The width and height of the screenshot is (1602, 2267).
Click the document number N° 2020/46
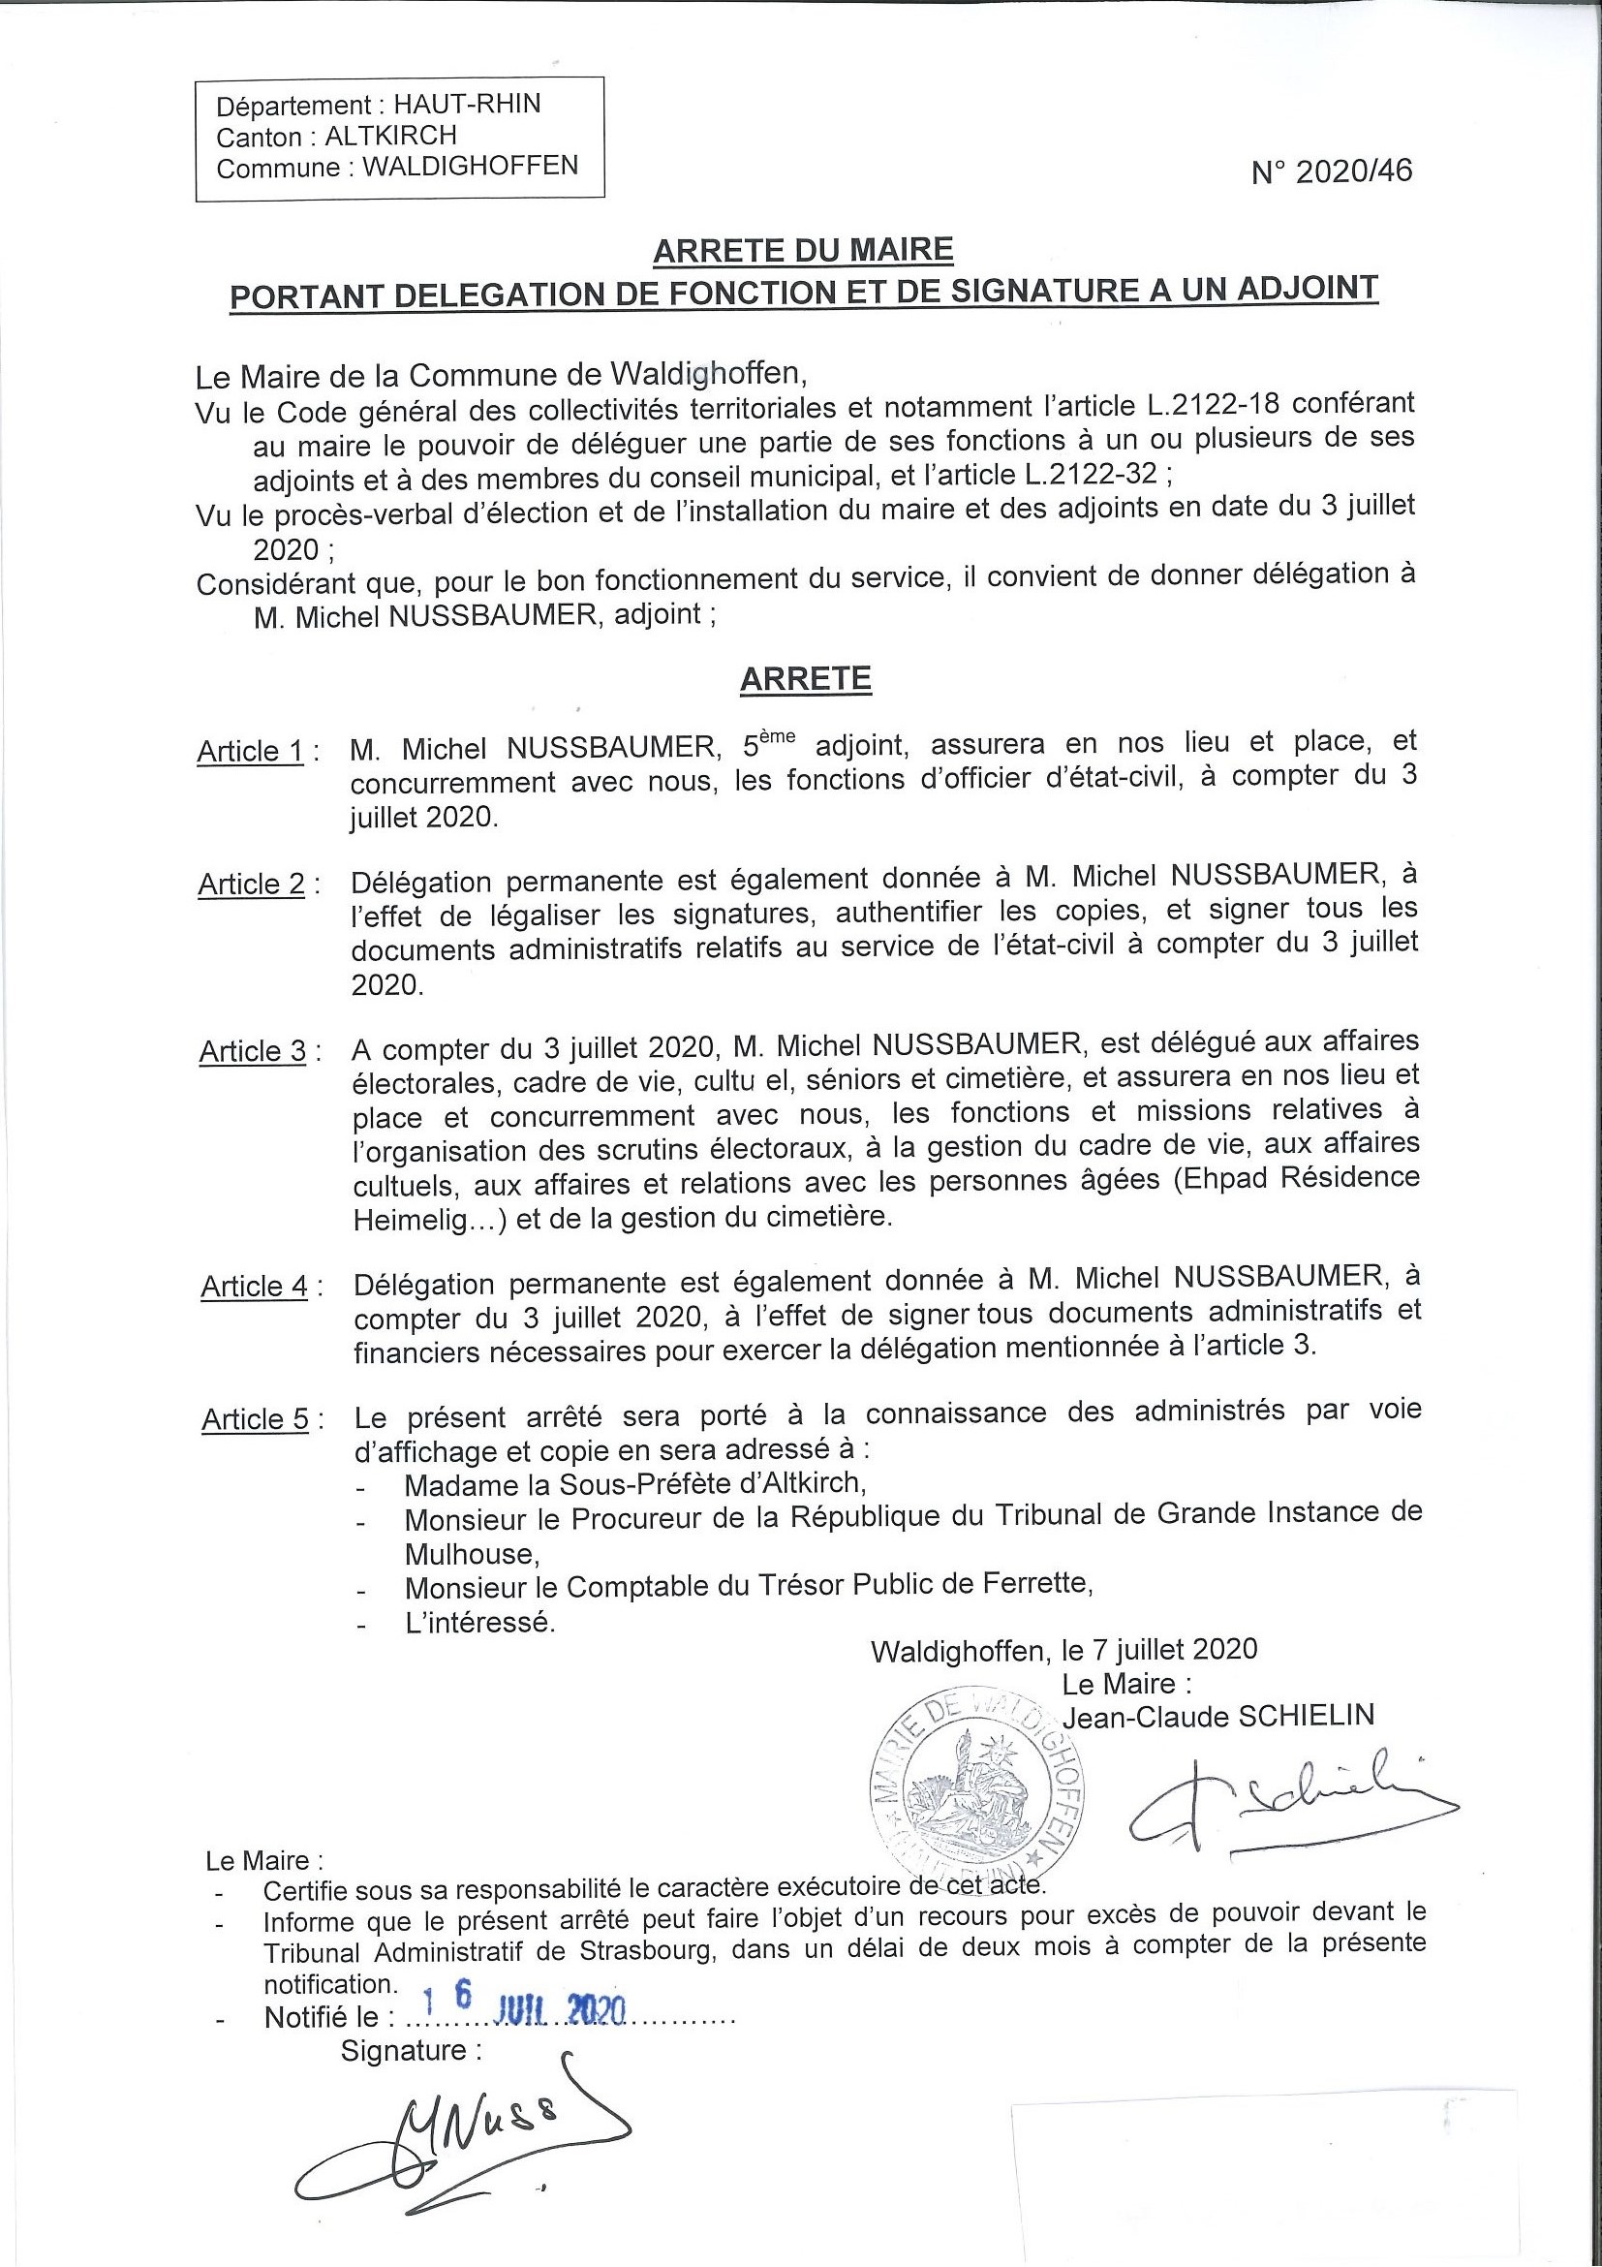1332,171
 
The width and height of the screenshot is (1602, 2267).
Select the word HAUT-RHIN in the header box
467,105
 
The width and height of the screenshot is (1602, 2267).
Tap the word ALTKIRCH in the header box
391,136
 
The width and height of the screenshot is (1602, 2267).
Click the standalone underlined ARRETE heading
806,679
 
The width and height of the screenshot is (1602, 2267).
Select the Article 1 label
251,752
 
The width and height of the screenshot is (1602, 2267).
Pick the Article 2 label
252,884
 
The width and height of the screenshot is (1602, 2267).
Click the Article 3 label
253,1051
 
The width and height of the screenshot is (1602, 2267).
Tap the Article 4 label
255,1287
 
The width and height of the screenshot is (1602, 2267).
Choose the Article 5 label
256,1420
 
